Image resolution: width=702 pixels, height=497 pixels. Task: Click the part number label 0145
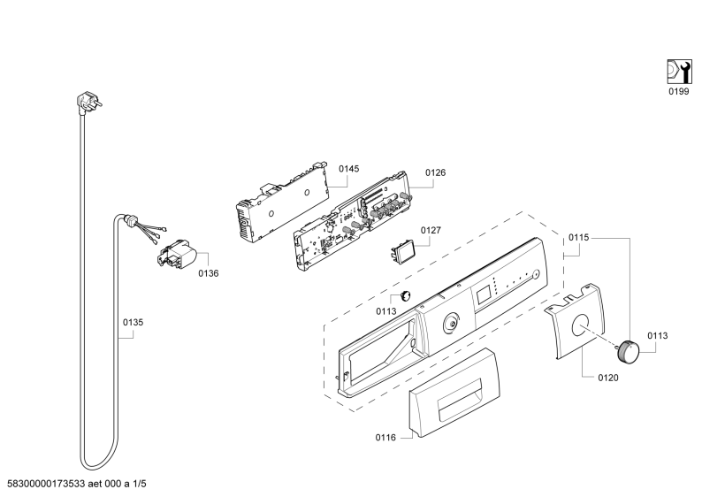click(x=348, y=169)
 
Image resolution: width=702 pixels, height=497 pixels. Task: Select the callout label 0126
click(x=435, y=172)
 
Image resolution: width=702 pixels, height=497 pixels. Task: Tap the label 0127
click(x=431, y=230)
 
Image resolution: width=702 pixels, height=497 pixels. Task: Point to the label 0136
click(x=208, y=273)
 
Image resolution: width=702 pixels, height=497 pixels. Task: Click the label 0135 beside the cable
click(x=133, y=323)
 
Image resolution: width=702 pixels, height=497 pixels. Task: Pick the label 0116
click(x=385, y=437)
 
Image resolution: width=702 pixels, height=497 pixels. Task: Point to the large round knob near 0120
click(x=629, y=351)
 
